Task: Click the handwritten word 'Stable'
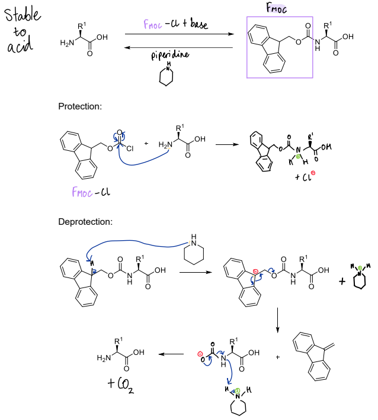(23, 15)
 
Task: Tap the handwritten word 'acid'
(20, 46)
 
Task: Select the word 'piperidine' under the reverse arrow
(170, 55)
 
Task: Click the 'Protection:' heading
(80, 106)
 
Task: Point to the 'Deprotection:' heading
(85, 222)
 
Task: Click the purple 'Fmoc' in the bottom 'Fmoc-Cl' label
(82, 192)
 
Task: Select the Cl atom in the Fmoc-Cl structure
(130, 148)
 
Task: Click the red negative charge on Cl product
(313, 173)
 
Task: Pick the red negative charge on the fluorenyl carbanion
(255, 272)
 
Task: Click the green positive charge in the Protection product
(298, 157)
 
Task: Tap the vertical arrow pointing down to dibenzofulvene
(277, 320)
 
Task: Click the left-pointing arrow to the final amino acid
(171, 354)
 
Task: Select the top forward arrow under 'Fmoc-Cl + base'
(180, 34)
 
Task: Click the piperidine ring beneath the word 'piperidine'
(166, 76)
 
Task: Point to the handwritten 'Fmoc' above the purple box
(276, 8)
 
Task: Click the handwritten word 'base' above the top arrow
(199, 24)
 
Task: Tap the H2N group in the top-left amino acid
(67, 43)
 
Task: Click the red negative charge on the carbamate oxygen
(200, 354)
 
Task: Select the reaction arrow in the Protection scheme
(227, 145)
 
